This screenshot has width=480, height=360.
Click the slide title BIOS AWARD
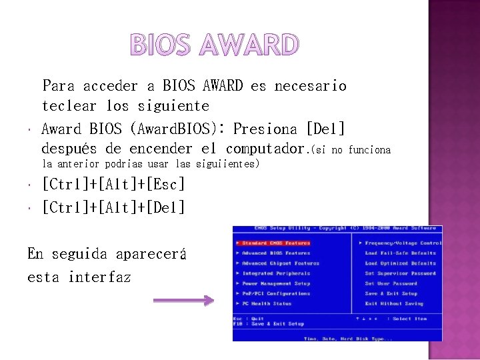pyautogui.click(x=214, y=45)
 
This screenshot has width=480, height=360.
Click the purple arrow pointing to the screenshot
pyautogui.click(x=183, y=301)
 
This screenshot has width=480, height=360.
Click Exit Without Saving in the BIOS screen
pyautogui.click(x=394, y=303)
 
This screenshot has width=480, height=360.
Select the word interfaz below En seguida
pyautogui.click(x=99, y=277)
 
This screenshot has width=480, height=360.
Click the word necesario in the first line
pyautogui.click(x=310, y=86)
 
